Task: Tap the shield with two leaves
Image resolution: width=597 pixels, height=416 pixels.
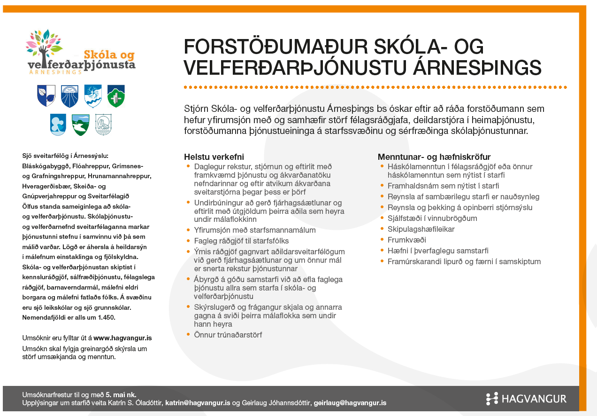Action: pyautogui.click(x=46, y=95)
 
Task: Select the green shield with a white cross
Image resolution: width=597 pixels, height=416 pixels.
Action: pyautogui.click(x=116, y=95)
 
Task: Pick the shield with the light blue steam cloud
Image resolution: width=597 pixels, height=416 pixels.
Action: pyautogui.click(x=58, y=125)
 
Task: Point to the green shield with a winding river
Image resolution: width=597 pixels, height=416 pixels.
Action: pyautogui.click(x=81, y=125)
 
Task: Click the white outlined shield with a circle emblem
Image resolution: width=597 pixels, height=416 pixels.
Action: pyautogui.click(x=103, y=125)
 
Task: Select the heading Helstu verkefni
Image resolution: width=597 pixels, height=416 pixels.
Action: pyautogui.click(x=214, y=157)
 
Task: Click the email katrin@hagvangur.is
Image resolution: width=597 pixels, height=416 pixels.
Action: pyautogui.click(x=198, y=403)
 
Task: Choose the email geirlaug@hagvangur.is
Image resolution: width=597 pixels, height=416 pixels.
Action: pyautogui.click(x=350, y=403)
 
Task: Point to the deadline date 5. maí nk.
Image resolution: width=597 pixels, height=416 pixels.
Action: pyautogui.click(x=121, y=394)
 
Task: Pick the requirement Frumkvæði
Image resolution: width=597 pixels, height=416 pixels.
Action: pyautogui.click(x=406, y=240)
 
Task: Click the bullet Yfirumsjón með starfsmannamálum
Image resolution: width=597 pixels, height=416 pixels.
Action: pyautogui.click(x=248, y=230)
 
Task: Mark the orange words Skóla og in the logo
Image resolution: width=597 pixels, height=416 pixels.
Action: pyautogui.click(x=109, y=55)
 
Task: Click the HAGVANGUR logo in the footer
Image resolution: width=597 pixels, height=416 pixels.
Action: pyautogui.click(x=526, y=399)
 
